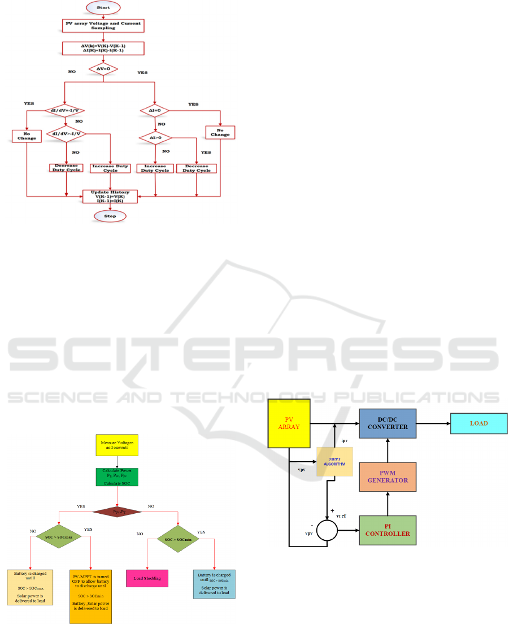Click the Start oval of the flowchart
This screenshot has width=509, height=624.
coord(102,7)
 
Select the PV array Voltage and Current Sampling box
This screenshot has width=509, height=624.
coord(102,25)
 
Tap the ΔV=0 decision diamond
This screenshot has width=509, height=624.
coord(102,68)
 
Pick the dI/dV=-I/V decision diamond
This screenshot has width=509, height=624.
coord(65,110)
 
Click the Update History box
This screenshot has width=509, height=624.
coord(110,195)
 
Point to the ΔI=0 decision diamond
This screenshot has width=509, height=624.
coord(155,110)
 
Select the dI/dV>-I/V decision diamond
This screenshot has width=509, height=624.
coord(65,135)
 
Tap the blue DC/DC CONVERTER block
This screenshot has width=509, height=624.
coord(387,422)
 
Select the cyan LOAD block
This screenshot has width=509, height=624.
coord(478,423)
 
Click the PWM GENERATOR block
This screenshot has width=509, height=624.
coord(387,476)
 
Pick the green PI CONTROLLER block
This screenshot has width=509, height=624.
coord(387,530)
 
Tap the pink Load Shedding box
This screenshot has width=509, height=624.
coord(147,578)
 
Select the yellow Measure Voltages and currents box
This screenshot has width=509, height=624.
coord(117,444)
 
